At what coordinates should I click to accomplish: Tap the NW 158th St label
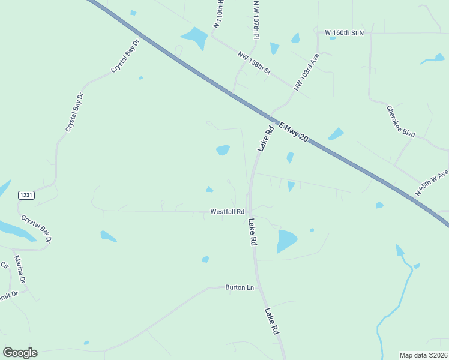[x=254, y=63]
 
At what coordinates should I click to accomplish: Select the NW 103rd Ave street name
[x=306, y=72]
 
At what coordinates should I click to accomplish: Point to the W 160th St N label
[x=345, y=32]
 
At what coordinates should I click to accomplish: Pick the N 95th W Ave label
[x=432, y=183]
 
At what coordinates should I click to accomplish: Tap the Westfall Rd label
[x=227, y=212]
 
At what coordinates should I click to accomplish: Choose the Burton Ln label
[x=240, y=288]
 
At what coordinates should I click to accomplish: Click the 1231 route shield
[x=26, y=195]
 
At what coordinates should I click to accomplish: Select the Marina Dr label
[x=20, y=269]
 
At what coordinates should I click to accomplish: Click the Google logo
[x=20, y=352]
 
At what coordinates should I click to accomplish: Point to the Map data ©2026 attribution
[x=423, y=355]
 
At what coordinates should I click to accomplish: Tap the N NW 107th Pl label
[x=256, y=19]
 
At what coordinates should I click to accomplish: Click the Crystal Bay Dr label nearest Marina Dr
[x=37, y=229]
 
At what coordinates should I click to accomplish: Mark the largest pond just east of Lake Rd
[x=286, y=241]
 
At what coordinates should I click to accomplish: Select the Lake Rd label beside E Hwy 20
[x=265, y=137]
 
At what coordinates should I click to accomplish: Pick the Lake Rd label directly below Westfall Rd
[x=252, y=232]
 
